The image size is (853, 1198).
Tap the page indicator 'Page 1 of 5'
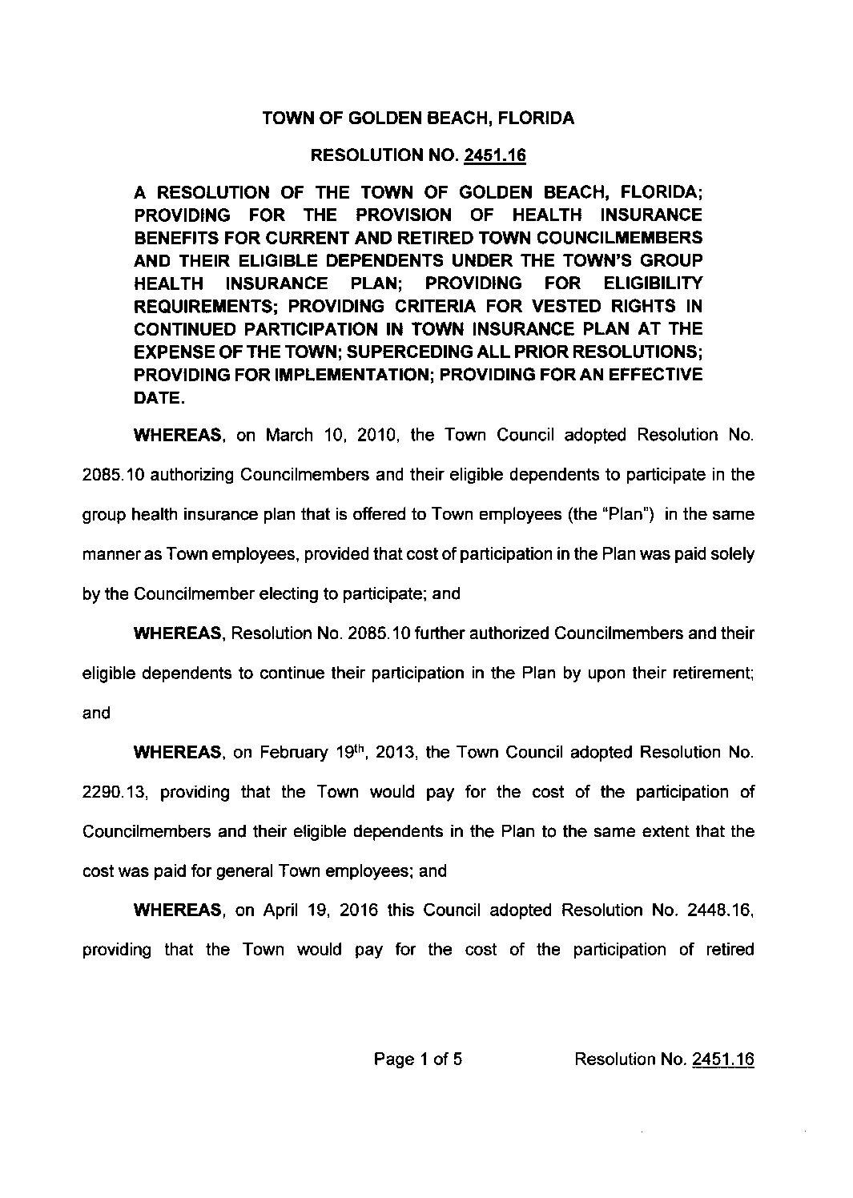tap(418, 1059)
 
